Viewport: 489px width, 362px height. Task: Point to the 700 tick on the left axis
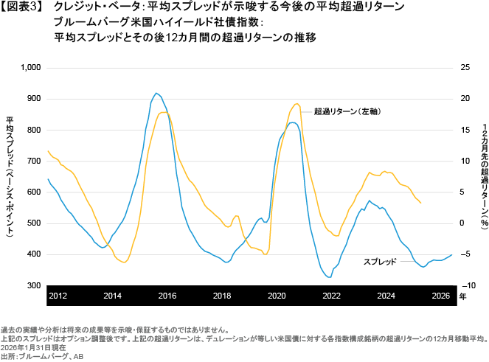click(x=35, y=161)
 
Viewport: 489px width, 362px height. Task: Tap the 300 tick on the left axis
click(x=35, y=285)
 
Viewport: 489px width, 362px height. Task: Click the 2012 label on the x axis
click(x=58, y=295)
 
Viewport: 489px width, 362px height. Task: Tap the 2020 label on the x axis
click(x=276, y=295)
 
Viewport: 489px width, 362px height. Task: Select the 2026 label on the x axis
click(x=440, y=295)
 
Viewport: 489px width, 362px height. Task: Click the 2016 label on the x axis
click(x=167, y=295)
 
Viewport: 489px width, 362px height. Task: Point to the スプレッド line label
click(x=381, y=262)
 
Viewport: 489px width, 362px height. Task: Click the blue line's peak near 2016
click(x=156, y=93)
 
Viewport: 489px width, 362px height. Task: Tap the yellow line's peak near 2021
click(x=297, y=103)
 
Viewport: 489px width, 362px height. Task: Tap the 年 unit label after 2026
click(x=462, y=296)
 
